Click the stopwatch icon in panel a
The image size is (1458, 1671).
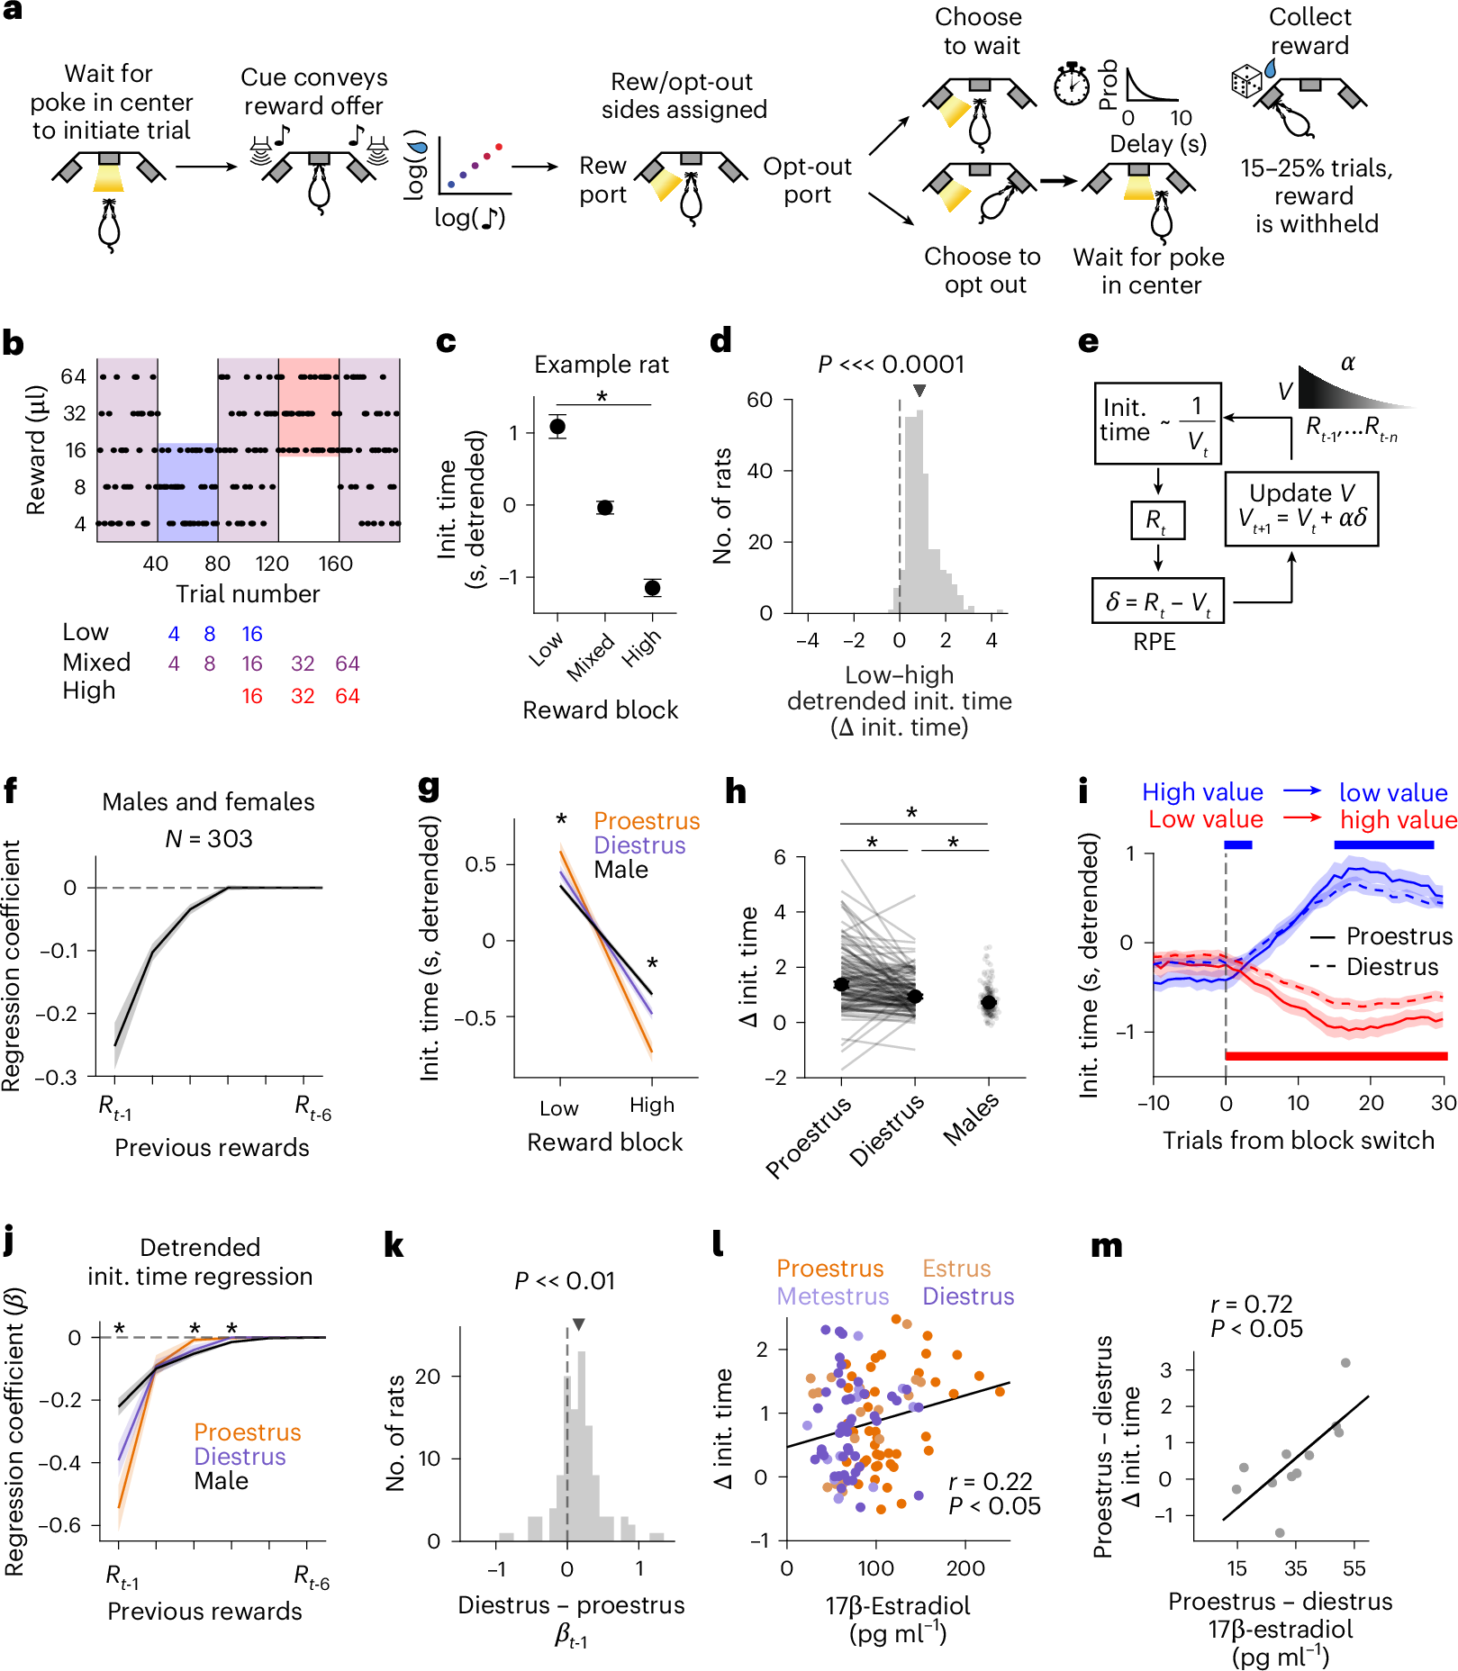point(1072,86)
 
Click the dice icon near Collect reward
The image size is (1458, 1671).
point(1246,82)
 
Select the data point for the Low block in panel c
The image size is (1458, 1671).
point(557,427)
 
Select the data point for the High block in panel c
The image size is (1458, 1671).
point(653,588)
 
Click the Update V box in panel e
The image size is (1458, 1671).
point(1301,508)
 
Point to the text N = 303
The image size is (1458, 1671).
point(209,839)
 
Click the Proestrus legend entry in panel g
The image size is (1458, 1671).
point(647,821)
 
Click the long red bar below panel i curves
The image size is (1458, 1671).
point(1336,1055)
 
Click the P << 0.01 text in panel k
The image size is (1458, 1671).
point(565,1281)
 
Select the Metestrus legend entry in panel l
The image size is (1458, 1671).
point(833,1296)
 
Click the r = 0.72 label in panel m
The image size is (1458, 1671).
point(1251,1304)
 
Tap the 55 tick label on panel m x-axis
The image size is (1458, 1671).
point(1354,1568)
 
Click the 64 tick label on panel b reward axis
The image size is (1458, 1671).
point(73,376)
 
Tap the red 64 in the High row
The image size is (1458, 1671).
point(347,696)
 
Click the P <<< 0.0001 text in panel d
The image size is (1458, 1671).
point(891,365)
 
